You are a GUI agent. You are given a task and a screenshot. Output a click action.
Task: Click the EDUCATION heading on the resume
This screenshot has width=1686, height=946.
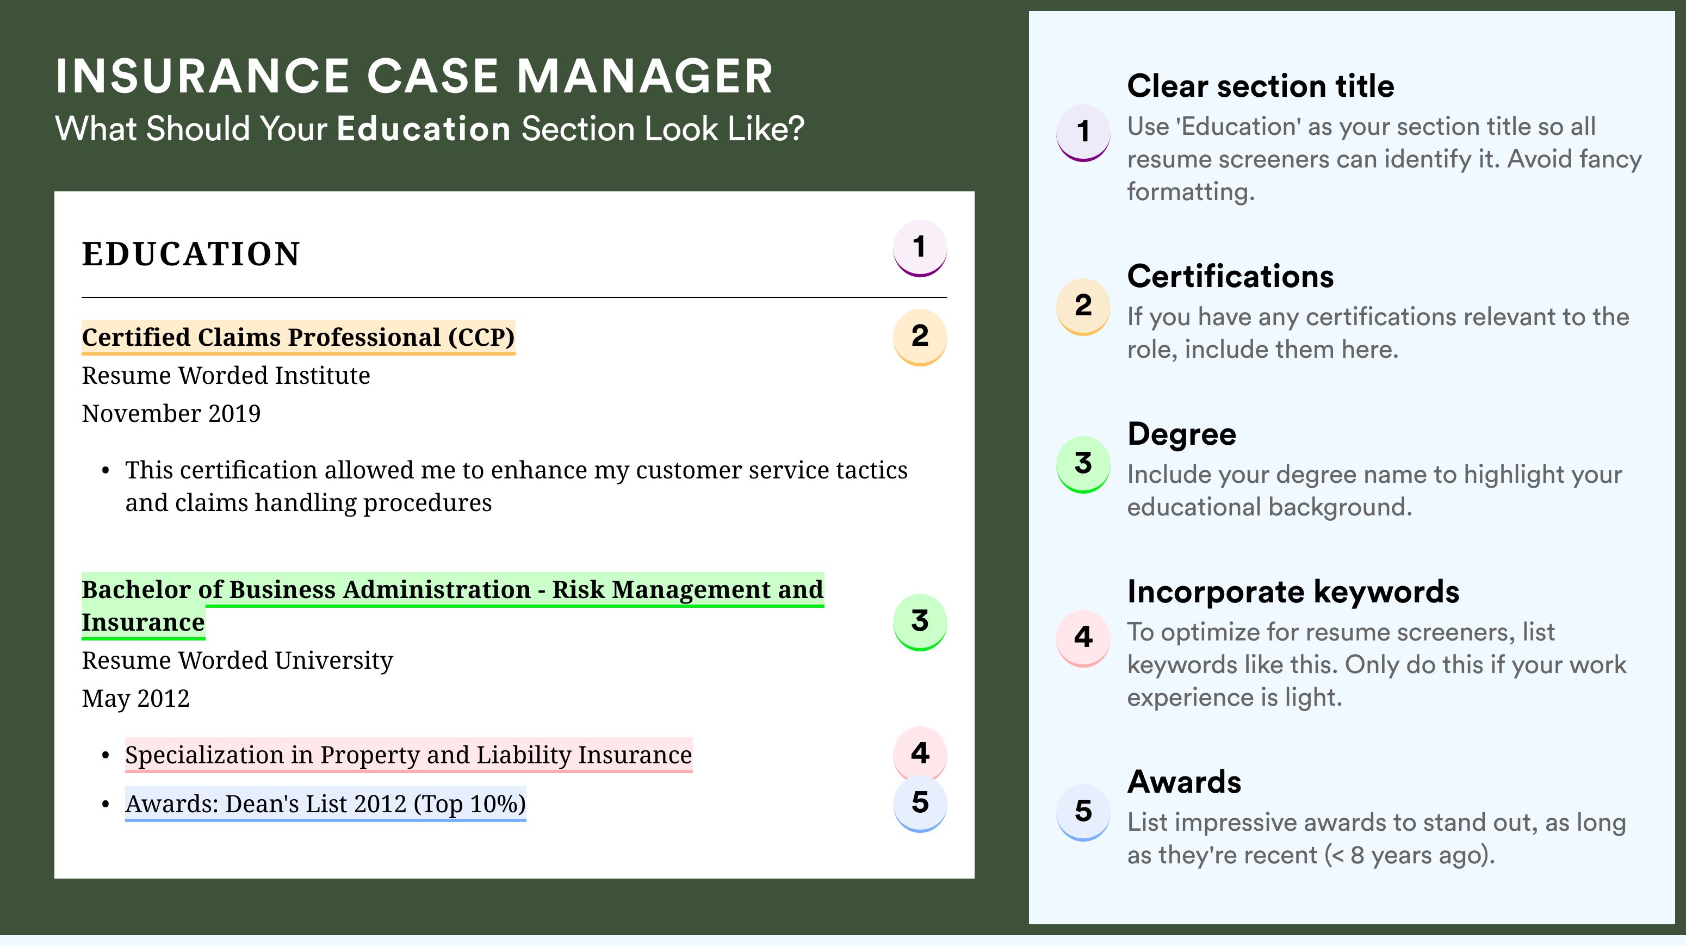[190, 254]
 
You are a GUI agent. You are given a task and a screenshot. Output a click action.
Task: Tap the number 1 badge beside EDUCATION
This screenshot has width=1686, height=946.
[920, 248]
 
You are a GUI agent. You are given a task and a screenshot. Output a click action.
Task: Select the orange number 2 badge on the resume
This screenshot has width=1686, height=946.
[920, 337]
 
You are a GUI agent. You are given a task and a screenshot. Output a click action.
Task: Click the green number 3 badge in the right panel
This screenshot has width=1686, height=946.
[1083, 464]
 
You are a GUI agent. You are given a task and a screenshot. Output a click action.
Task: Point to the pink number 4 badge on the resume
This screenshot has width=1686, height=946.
[920, 753]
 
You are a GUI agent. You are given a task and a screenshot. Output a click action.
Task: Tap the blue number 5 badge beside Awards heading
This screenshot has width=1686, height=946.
[1083, 812]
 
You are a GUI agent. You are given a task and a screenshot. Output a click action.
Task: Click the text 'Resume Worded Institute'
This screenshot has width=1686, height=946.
[226, 376]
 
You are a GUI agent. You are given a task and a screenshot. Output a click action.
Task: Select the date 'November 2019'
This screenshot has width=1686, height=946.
[171, 413]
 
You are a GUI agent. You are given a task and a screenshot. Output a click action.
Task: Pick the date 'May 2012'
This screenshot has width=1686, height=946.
[135, 699]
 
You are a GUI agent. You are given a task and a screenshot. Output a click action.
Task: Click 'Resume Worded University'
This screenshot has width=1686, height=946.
[238, 661]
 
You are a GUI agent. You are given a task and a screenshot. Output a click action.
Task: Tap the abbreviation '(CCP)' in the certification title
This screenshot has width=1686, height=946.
[481, 338]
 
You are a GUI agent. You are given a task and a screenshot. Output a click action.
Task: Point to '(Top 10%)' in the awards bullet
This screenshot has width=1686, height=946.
[469, 804]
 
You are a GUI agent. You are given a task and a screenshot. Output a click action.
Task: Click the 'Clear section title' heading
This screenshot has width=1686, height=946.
[1261, 86]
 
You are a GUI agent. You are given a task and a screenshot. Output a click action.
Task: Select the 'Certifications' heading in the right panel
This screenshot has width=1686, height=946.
[1230, 276]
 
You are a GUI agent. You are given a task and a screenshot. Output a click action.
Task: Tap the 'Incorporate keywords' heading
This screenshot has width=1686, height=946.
[1293, 592]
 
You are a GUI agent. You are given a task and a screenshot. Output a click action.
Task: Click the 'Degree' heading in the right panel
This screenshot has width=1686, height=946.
[1182, 434]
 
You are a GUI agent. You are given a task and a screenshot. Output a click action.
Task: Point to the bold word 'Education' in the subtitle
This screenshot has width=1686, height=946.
[424, 128]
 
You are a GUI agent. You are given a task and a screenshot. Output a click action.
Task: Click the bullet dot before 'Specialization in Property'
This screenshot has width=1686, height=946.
[106, 756]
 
